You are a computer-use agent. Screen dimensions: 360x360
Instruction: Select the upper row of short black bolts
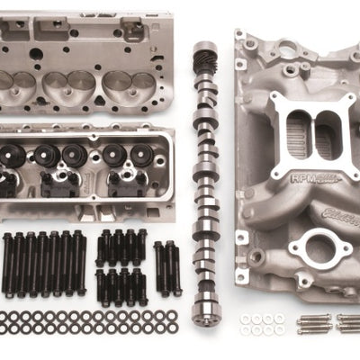tap(121, 245)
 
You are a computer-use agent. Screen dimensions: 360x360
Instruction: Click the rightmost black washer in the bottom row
tap(172, 329)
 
